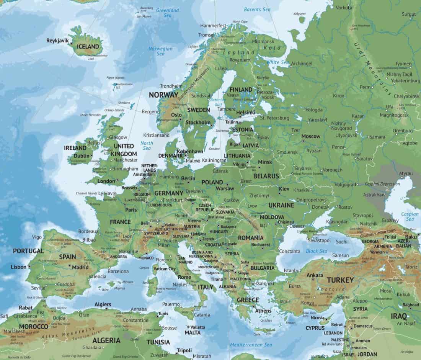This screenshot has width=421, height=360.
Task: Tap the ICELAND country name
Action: [88, 47]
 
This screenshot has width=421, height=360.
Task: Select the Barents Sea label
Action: [257, 9]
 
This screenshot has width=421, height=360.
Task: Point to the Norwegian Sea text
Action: [161, 51]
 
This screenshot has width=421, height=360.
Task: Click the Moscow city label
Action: [311, 136]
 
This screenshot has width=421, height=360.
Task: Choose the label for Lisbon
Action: [18, 267]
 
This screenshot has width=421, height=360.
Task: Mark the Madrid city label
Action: [80, 267]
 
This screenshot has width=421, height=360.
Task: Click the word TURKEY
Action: [340, 280]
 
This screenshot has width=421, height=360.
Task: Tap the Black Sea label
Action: [317, 251]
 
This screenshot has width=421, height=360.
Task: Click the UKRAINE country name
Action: [281, 205]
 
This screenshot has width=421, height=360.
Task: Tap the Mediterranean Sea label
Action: [251, 345]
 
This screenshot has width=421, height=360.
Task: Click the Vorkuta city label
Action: [344, 8]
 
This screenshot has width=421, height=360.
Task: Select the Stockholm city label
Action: [198, 123]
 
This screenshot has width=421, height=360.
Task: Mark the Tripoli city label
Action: [184, 350]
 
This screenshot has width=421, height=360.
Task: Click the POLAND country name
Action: [212, 182]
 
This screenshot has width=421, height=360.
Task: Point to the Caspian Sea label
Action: [410, 216]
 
